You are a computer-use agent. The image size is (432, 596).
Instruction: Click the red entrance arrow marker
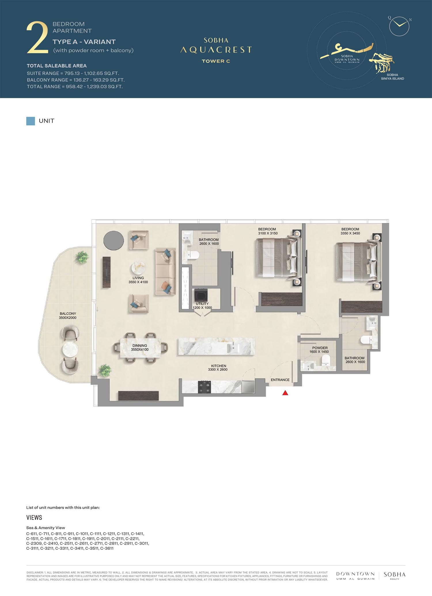tap(285, 393)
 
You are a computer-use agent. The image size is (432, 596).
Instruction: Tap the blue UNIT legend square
tap(31, 121)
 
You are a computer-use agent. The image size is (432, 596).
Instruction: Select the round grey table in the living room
tap(113, 240)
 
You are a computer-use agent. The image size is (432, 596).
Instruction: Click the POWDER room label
tap(320, 348)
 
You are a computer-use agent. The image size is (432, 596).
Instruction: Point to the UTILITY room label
tap(202, 304)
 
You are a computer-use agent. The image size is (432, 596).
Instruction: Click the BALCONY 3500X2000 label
tap(68, 316)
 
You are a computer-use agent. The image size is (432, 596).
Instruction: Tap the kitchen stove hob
tap(204, 387)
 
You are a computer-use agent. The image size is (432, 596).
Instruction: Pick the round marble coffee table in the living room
tap(139, 269)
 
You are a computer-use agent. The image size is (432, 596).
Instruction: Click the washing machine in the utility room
tap(201, 295)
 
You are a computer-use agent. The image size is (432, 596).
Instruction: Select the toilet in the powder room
tap(325, 360)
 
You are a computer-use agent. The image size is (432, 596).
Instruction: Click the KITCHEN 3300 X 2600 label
tap(218, 368)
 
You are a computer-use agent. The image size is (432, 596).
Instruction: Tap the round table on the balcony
tap(70, 349)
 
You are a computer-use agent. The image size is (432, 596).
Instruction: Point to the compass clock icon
tap(399, 26)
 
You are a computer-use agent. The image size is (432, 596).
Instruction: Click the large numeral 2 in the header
tap(37, 38)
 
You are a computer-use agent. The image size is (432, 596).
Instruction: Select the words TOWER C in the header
tap(216, 61)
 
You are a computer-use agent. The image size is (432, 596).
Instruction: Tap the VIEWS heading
tap(34, 517)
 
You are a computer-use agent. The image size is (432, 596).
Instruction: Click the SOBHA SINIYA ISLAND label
tap(392, 77)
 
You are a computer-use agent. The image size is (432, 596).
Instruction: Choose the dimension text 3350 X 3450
tap(350, 233)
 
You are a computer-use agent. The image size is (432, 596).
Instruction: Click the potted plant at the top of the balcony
tap(82, 257)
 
